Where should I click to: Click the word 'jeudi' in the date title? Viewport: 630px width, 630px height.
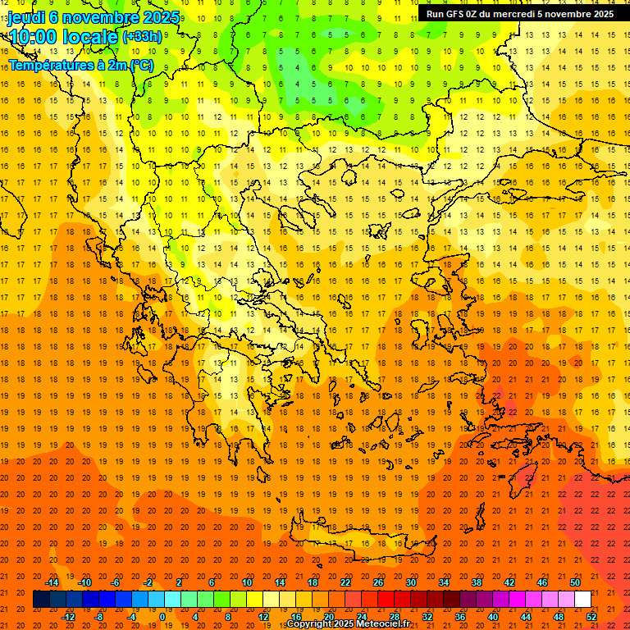tap(26, 18)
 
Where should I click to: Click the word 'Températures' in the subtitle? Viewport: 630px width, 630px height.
tap(48, 65)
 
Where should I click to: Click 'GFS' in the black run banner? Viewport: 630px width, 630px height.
tap(455, 14)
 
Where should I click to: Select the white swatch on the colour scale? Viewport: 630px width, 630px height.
tap(582, 600)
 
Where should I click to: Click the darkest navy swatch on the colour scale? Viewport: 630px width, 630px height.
tap(41, 600)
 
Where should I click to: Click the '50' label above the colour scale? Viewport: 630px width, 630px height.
tap(574, 582)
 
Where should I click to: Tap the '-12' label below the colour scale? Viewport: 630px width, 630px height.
tap(69, 617)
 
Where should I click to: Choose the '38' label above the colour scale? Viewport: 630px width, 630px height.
tap(476, 582)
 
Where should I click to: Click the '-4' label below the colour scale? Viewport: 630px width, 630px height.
tap(131, 617)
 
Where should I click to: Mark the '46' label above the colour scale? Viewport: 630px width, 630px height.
tap(541, 582)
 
